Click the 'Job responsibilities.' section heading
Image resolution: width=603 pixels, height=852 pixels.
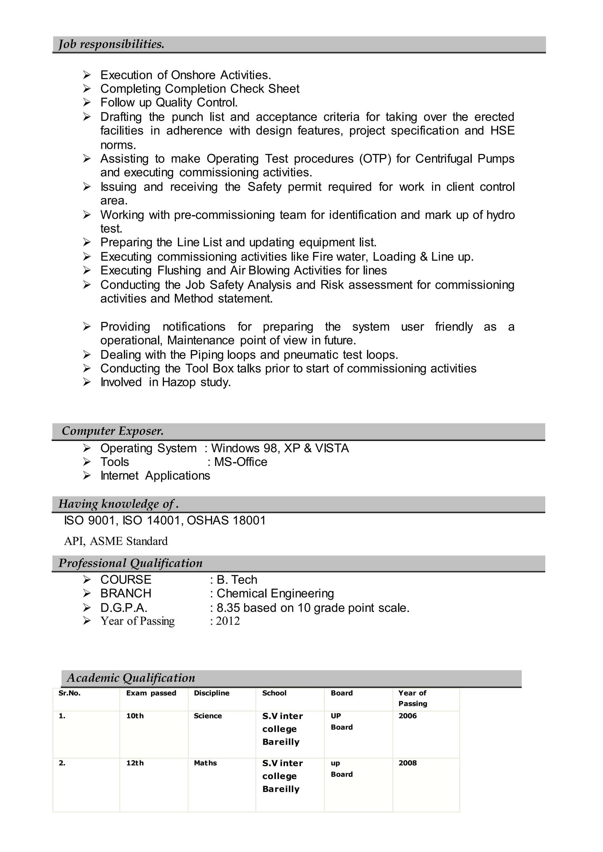(111, 44)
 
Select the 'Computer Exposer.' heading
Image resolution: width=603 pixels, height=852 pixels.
(112, 431)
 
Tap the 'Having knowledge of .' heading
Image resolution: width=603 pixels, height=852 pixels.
(118, 504)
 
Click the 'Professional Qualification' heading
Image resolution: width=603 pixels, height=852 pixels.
(130, 563)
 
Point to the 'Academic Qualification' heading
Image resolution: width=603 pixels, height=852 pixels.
(131, 678)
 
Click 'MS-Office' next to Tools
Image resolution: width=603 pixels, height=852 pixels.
(241, 462)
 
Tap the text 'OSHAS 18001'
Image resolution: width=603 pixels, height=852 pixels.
(226, 521)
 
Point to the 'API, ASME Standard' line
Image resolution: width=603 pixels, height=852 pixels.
(116, 541)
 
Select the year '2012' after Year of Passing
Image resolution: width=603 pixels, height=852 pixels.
(228, 621)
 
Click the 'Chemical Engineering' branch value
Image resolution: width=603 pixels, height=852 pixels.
(275, 594)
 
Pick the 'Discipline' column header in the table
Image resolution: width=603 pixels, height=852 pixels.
(212, 693)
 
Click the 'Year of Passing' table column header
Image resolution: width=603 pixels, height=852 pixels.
(413, 698)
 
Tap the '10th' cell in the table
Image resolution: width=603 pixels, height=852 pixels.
(135, 716)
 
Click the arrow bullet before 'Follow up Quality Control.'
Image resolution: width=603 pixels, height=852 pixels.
(87, 102)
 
